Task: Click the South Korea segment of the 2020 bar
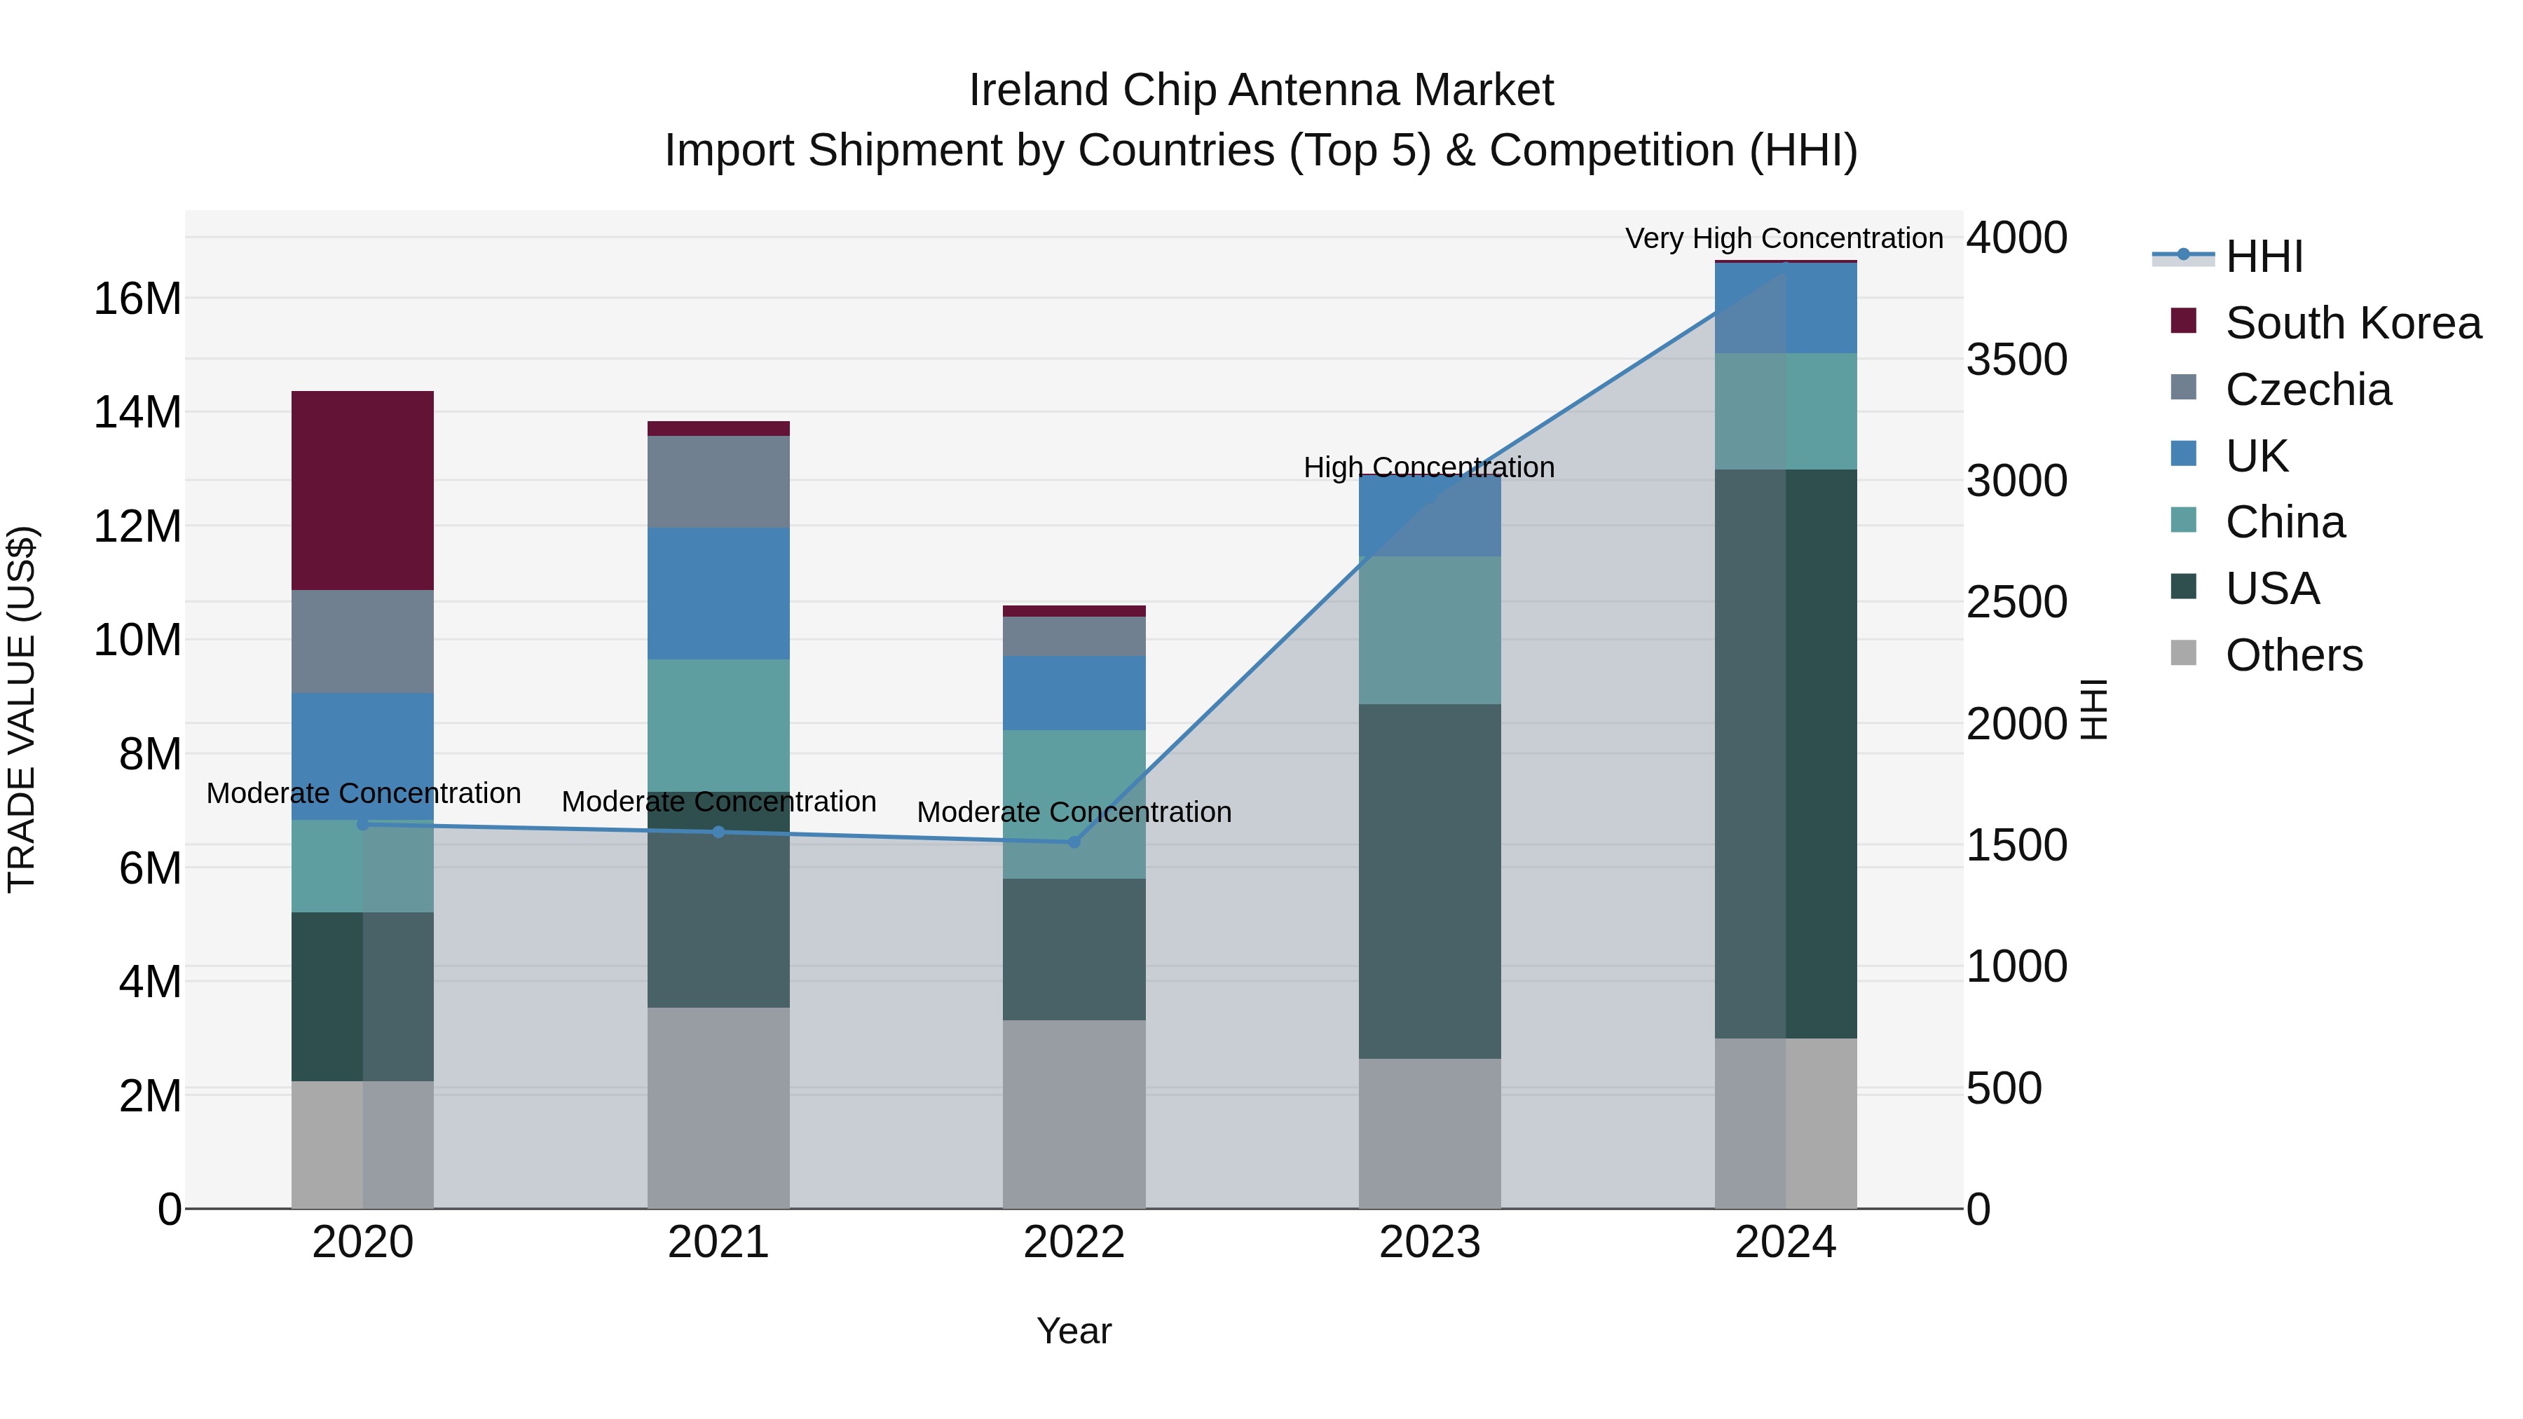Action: pos(362,490)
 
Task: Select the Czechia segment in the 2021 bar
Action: pos(718,482)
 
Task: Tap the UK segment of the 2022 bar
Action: pos(1074,692)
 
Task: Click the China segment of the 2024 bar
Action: pos(1786,411)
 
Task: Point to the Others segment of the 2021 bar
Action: pos(718,1106)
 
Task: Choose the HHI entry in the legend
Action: pos(2262,256)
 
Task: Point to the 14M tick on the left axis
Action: pos(137,412)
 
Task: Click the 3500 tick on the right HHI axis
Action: pos(2016,359)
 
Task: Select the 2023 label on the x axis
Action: pos(1429,1242)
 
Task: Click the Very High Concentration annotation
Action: pos(1784,238)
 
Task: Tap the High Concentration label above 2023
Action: pos(1428,467)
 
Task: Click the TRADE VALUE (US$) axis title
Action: pos(22,709)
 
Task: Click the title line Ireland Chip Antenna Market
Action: pos(1261,90)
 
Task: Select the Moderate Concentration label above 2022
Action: pos(1074,812)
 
